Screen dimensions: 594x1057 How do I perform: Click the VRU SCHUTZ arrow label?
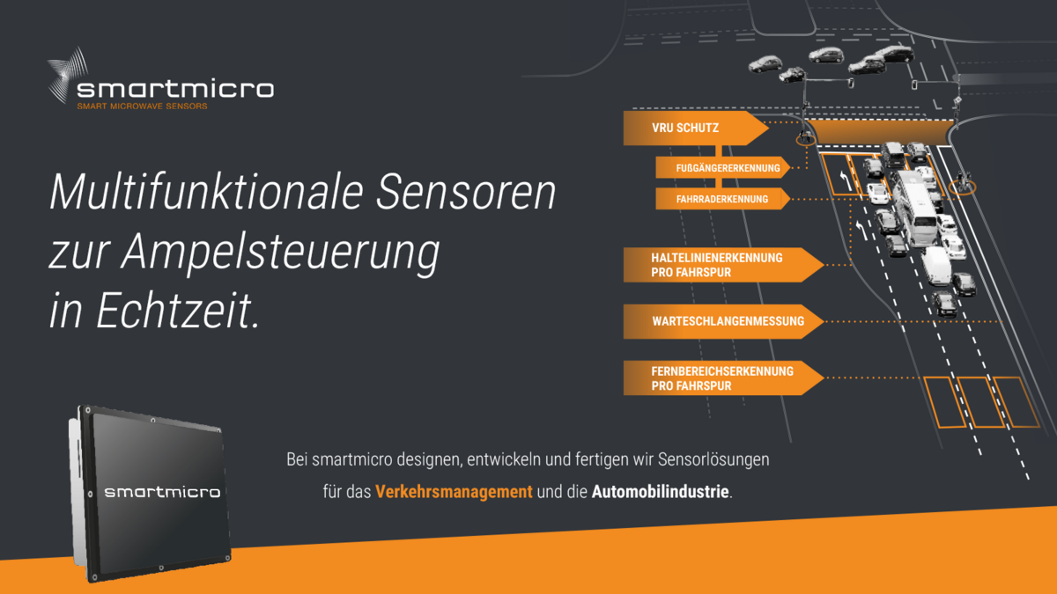pos(685,128)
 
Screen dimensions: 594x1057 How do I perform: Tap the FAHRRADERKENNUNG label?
pos(722,200)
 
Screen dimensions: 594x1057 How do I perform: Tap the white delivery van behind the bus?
pos(937,264)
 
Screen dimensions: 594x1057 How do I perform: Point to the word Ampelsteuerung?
pos(280,253)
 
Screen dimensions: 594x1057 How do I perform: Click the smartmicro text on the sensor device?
pos(162,492)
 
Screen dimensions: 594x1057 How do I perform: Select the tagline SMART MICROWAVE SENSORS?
pos(142,106)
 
